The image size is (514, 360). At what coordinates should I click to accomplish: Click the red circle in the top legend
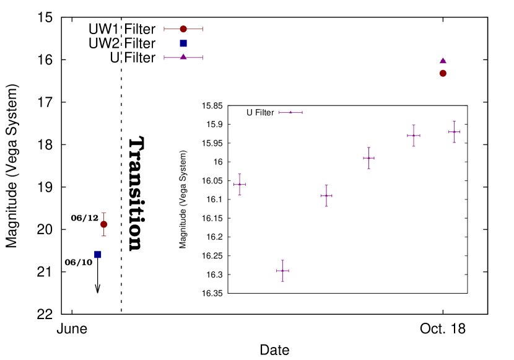click(x=183, y=29)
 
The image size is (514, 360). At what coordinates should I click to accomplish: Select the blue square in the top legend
click(x=183, y=43)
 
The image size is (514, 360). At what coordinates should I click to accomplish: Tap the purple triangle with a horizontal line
click(x=183, y=57)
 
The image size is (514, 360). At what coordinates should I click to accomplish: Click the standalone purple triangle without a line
click(x=443, y=61)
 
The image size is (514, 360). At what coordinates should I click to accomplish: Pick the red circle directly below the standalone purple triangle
click(x=443, y=74)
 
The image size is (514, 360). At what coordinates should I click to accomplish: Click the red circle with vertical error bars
click(x=104, y=224)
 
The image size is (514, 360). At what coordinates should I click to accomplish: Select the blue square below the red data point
click(x=98, y=255)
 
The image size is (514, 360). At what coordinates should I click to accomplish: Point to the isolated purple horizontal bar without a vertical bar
click(x=290, y=113)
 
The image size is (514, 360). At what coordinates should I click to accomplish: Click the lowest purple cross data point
click(x=282, y=271)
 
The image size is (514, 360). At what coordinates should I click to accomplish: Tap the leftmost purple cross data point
click(x=240, y=185)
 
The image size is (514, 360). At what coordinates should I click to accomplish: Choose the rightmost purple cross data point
click(x=454, y=132)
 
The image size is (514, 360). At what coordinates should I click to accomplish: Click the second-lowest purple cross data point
click(x=326, y=196)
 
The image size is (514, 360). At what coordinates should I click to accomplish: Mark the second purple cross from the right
click(x=414, y=136)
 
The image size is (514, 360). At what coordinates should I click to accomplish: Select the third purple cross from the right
click(x=368, y=158)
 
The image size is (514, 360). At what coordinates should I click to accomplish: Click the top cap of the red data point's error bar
click(x=104, y=213)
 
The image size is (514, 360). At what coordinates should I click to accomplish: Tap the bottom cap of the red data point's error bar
click(x=104, y=236)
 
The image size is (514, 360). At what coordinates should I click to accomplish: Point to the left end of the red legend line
click(x=164, y=29)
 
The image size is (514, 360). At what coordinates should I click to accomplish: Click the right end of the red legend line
click(x=203, y=29)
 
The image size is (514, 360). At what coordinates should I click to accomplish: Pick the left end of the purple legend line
click(x=164, y=58)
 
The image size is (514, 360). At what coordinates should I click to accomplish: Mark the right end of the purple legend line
click(x=203, y=58)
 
